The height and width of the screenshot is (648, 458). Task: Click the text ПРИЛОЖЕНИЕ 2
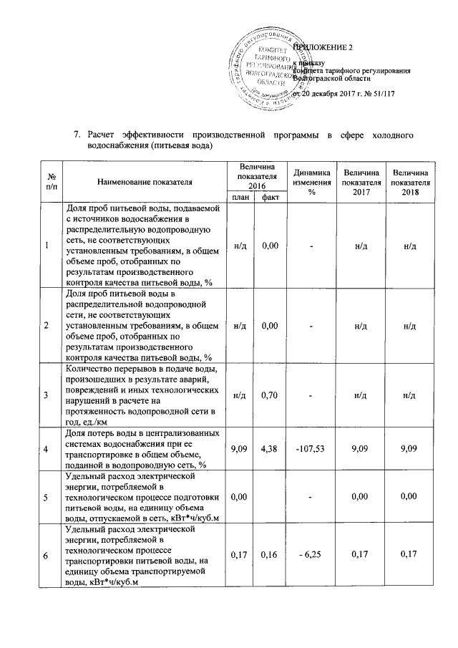coord(326,47)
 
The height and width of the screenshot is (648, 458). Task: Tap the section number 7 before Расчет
coord(78,134)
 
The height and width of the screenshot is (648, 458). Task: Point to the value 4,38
coord(270,449)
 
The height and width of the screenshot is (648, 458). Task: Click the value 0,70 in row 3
coord(270,395)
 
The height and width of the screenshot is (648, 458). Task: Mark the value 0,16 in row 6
coord(270,553)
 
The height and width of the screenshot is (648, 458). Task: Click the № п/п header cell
coord(47,183)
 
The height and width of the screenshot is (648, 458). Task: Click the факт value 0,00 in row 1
coord(270,246)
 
